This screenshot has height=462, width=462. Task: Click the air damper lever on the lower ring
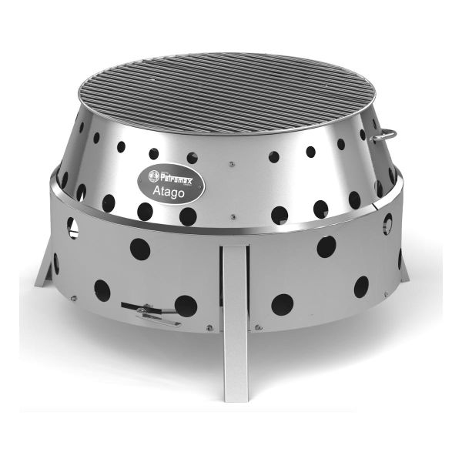(146, 313)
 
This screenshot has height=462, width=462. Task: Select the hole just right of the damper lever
(185, 306)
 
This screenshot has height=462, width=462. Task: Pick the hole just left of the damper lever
(102, 290)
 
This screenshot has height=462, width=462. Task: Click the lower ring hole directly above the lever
(139, 248)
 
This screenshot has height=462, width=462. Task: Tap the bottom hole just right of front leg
(282, 304)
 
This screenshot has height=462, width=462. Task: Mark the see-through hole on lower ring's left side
(72, 226)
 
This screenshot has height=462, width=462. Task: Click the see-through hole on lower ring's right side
(387, 223)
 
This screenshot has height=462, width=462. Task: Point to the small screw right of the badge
(230, 163)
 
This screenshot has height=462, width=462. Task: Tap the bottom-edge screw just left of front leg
(209, 327)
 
